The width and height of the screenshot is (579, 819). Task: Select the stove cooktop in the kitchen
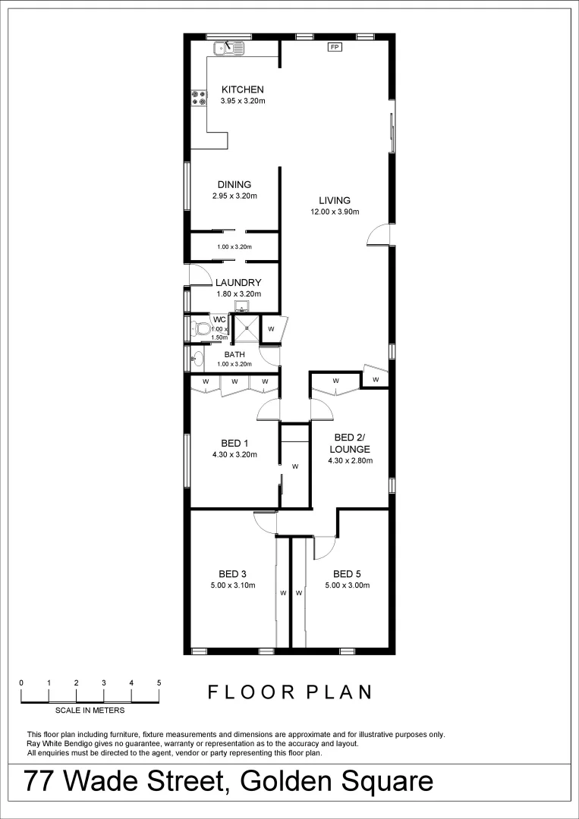click(200, 98)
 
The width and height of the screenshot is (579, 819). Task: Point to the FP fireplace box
click(334, 47)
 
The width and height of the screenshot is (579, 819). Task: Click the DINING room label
click(234, 184)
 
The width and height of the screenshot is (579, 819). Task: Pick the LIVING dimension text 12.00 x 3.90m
click(334, 212)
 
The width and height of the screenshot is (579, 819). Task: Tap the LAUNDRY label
click(238, 282)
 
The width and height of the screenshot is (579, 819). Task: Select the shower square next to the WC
click(245, 329)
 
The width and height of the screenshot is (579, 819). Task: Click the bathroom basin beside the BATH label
click(197, 358)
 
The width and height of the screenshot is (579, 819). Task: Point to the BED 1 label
click(234, 444)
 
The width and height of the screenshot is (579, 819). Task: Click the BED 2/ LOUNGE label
click(350, 443)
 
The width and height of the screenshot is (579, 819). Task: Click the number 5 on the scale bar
click(159, 682)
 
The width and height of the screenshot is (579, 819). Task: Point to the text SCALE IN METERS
click(90, 711)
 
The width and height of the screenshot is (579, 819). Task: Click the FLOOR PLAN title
click(290, 692)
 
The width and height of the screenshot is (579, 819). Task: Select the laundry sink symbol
click(241, 307)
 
